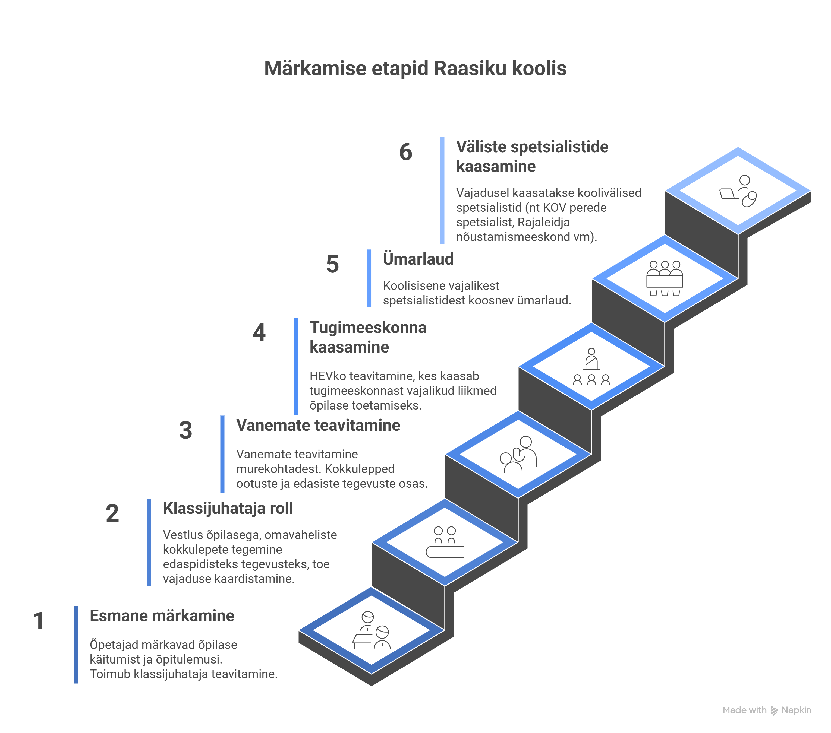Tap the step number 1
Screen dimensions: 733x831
[39, 621]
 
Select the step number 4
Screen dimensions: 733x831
[259, 333]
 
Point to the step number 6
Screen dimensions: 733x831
[405, 152]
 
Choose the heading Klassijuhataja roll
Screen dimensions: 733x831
[228, 508]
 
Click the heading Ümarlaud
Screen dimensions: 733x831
[418, 259]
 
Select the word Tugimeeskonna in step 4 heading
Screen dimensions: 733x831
[368, 328]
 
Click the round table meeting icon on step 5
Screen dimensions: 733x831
[665, 278]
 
